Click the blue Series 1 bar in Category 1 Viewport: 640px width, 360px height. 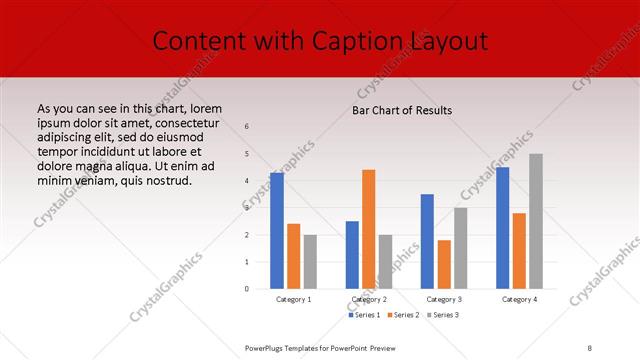click(x=277, y=231)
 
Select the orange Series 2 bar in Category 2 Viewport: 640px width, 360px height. click(x=368, y=229)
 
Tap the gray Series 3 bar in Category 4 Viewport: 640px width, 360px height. click(x=535, y=221)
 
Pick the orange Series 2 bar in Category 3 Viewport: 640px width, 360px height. click(x=443, y=264)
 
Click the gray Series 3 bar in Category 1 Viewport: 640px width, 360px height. click(x=310, y=262)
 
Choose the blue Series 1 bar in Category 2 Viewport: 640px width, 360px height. click(x=352, y=255)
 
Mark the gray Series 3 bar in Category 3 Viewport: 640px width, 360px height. click(x=460, y=248)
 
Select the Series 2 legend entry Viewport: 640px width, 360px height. click(x=403, y=315)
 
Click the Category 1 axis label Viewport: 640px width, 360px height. click(x=294, y=299)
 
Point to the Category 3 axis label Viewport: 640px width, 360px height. click(x=444, y=299)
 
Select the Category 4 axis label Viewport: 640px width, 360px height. click(x=519, y=299)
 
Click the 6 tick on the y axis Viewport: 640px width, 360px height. click(x=247, y=127)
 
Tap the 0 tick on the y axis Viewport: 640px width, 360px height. click(x=247, y=289)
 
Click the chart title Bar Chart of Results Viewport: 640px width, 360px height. click(x=403, y=110)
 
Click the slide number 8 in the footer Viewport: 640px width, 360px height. click(x=590, y=347)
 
